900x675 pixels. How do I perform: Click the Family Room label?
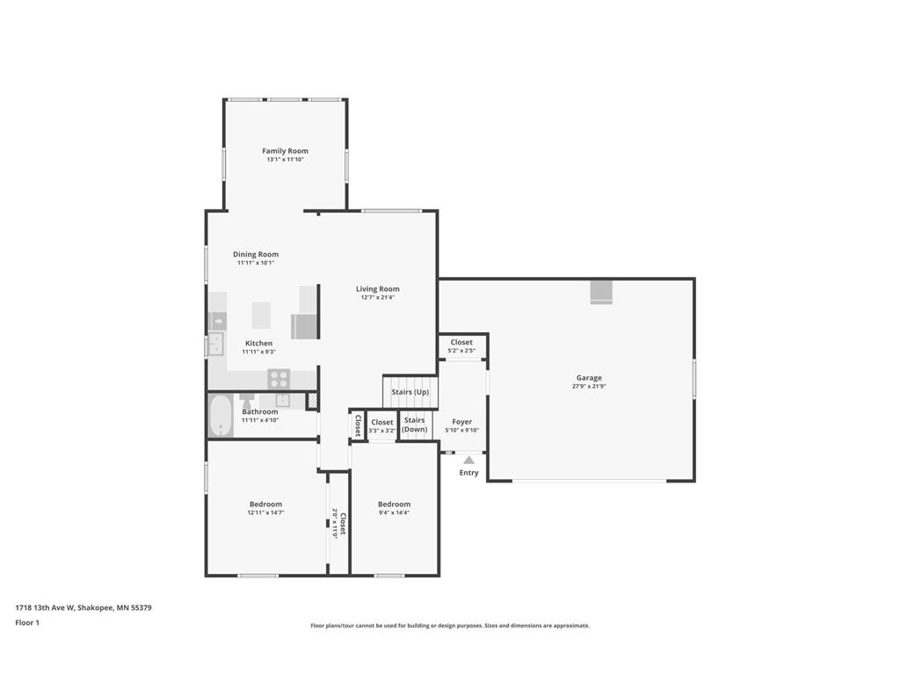click(286, 151)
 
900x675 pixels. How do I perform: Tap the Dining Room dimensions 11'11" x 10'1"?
click(256, 263)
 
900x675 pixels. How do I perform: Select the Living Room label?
click(378, 288)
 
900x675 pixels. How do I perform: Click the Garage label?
click(589, 378)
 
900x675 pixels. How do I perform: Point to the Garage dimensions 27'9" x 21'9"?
click(589, 387)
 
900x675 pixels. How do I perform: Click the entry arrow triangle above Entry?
click(469, 460)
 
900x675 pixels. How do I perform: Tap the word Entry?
click(469, 472)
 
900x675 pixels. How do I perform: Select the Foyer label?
click(462, 421)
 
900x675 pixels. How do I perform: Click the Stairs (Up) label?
click(410, 392)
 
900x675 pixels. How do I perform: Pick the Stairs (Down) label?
click(415, 425)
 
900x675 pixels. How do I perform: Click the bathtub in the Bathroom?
click(220, 416)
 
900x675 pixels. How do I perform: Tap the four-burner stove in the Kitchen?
click(279, 379)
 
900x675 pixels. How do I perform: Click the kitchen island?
click(261, 316)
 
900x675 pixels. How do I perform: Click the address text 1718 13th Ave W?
click(45, 607)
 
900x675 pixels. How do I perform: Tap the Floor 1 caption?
click(27, 622)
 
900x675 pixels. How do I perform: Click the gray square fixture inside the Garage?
click(601, 292)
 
